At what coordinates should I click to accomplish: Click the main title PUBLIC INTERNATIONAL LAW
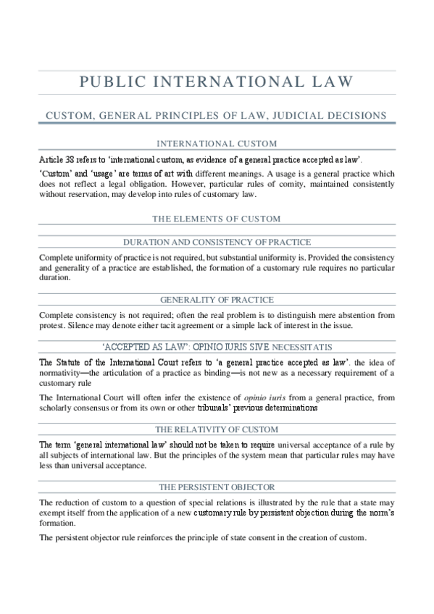point(217,82)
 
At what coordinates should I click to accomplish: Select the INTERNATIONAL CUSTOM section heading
point(217,143)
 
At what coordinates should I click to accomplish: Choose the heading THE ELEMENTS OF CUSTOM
point(217,218)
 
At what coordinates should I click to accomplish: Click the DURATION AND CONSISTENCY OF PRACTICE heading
point(217,242)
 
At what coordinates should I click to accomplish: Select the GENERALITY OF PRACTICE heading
point(217,299)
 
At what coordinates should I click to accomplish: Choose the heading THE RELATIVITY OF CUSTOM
point(217,428)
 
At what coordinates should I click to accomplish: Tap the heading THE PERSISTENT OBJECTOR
point(217,487)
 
